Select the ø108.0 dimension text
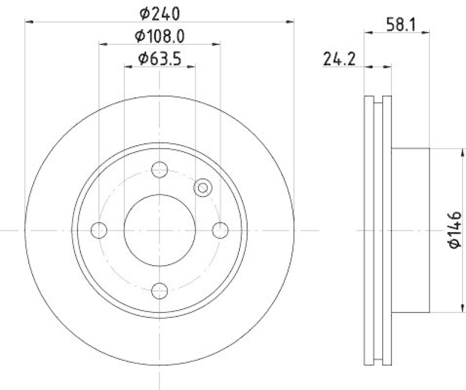[160, 37]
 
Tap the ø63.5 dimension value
[160, 59]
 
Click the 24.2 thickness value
[340, 59]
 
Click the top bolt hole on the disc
[160, 170]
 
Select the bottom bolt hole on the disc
[160, 290]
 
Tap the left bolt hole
[100, 230]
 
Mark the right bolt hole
[220, 230]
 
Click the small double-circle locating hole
[203, 187]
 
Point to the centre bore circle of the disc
[160, 230]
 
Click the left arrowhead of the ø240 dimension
[29, 22]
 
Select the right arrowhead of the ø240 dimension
[290, 22]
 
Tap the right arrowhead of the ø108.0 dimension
[217, 44]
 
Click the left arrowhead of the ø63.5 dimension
[128, 66]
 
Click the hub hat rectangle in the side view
[411, 230]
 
